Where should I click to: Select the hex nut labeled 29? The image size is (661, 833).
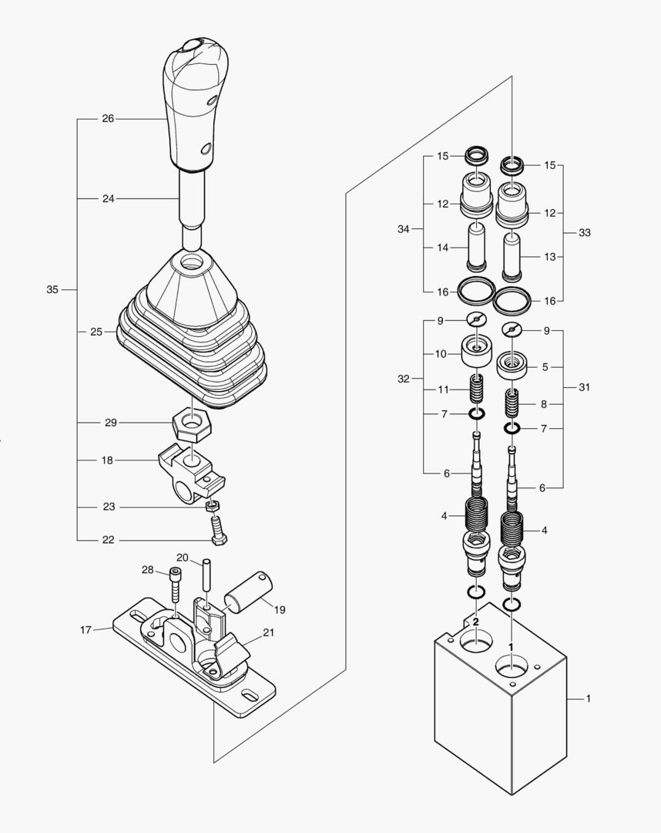pos(193,423)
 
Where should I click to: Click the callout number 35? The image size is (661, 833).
pos(52,290)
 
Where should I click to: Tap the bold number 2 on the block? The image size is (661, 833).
pos(475,621)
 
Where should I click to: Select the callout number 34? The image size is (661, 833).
pos(404,229)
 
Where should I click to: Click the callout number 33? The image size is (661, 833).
pos(585,232)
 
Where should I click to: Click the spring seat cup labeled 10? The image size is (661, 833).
pos(477,353)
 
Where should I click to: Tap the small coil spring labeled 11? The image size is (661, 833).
pos(477,386)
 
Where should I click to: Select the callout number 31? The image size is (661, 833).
pos(585,387)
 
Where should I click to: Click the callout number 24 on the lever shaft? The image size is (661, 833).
pos(108,198)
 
